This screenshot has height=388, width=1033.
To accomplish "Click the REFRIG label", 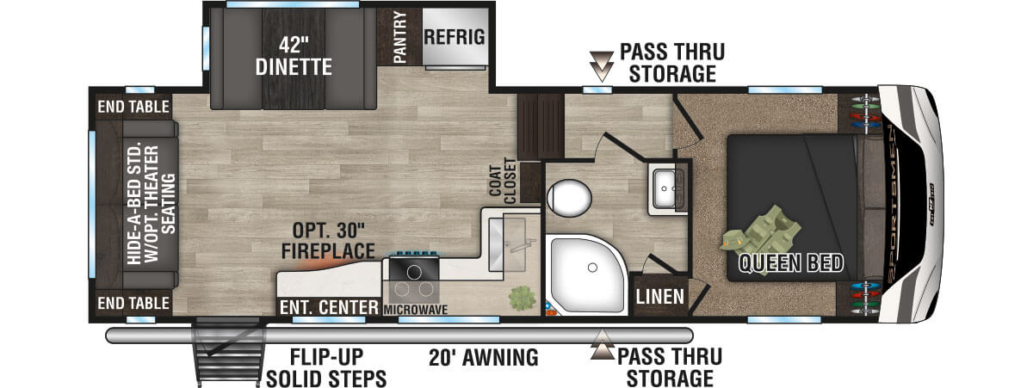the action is [x=455, y=37].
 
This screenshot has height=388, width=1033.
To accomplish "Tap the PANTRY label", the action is [x=399, y=37].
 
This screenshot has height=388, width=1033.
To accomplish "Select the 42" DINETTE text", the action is [x=294, y=56].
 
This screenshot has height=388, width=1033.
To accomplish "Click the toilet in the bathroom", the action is [x=569, y=198].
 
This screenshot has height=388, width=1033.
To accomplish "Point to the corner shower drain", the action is [x=592, y=268].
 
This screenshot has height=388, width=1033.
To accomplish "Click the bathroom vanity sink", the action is [x=664, y=189].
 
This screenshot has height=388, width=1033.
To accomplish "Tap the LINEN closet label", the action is [x=659, y=297].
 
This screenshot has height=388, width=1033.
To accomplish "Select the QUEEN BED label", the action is [x=790, y=263].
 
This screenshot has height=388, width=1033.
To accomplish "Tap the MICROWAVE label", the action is [x=416, y=310].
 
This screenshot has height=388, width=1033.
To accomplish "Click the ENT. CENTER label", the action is [x=329, y=307].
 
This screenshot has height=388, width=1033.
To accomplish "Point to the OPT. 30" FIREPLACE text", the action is [x=328, y=241].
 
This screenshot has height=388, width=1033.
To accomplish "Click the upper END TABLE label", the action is [x=133, y=107].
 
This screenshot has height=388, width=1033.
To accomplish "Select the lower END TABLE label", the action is [x=133, y=303].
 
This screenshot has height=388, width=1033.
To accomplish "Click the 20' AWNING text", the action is [x=483, y=358].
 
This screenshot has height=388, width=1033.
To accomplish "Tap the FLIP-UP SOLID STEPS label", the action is [x=326, y=367].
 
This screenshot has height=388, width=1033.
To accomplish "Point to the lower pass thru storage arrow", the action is [x=603, y=345].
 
